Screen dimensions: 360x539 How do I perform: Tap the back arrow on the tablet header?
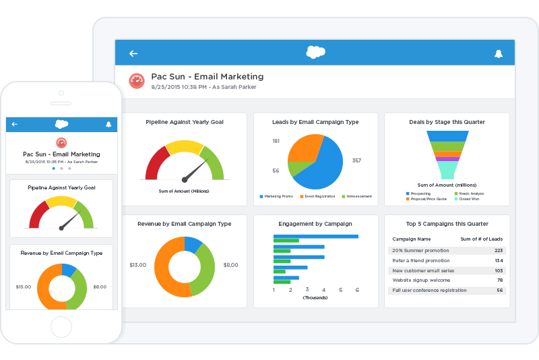coord(133,53)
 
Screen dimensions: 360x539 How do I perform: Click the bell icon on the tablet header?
coord(499,53)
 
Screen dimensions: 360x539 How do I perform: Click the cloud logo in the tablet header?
coord(315,52)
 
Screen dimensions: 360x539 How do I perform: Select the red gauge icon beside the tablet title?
coord(137,81)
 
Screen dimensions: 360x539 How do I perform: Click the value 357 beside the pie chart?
coord(356,160)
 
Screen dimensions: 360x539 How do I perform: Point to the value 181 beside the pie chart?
coord(276,141)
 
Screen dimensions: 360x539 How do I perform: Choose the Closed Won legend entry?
coord(467,199)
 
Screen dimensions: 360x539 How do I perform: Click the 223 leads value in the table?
coord(499,250)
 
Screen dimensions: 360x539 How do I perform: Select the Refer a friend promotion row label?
coord(420,260)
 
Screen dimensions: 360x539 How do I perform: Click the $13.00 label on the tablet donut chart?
coord(138,265)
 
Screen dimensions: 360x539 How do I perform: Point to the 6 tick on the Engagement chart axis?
coord(357,290)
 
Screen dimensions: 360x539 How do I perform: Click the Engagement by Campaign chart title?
coord(314,224)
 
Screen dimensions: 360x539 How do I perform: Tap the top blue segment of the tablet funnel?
coord(447,136)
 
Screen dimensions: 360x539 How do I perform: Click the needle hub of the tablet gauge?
coord(184,179)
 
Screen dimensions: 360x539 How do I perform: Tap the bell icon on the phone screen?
coord(108,124)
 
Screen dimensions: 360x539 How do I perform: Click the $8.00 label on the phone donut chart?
coord(100,287)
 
